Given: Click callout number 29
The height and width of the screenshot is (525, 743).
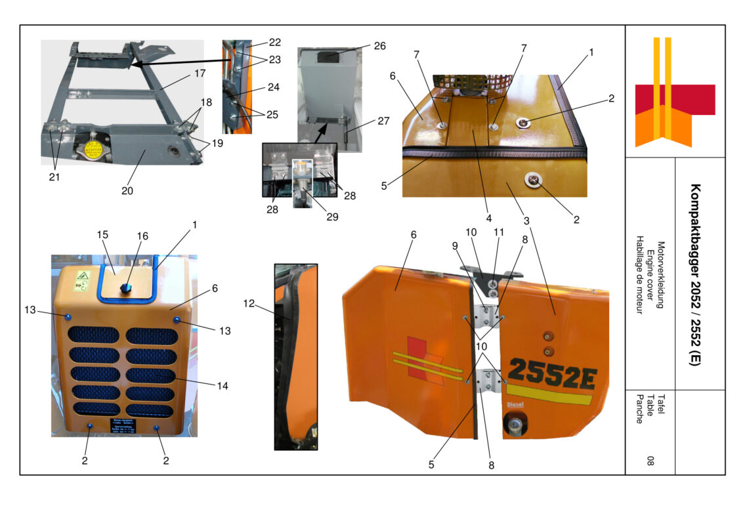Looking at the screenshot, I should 332,217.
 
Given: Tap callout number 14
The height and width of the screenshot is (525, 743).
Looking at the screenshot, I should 223,386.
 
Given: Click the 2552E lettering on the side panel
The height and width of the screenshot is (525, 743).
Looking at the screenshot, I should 552,371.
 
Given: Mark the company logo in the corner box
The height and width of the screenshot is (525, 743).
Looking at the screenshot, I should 675,92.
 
